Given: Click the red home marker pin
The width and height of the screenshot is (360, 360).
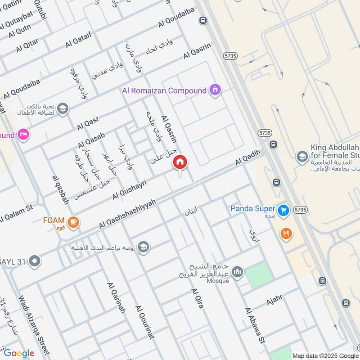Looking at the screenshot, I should pos(180,162).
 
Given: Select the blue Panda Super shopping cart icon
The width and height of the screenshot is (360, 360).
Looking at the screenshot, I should pos(283,210).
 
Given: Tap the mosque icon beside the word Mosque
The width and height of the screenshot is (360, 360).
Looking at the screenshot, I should pos(238,272).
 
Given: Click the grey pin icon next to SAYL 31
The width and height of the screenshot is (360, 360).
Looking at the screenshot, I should pos(34,261).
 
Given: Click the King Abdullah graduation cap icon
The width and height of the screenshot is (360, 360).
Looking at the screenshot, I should pos(302,157).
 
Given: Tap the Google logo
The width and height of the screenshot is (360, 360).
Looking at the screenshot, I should pos(19,353).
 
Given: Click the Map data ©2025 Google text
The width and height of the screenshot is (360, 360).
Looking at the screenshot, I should pos(325,355).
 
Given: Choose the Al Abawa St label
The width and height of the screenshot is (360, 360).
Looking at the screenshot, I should pos(254,326).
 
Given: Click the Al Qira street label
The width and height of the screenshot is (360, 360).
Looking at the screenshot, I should pos(198,298).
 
